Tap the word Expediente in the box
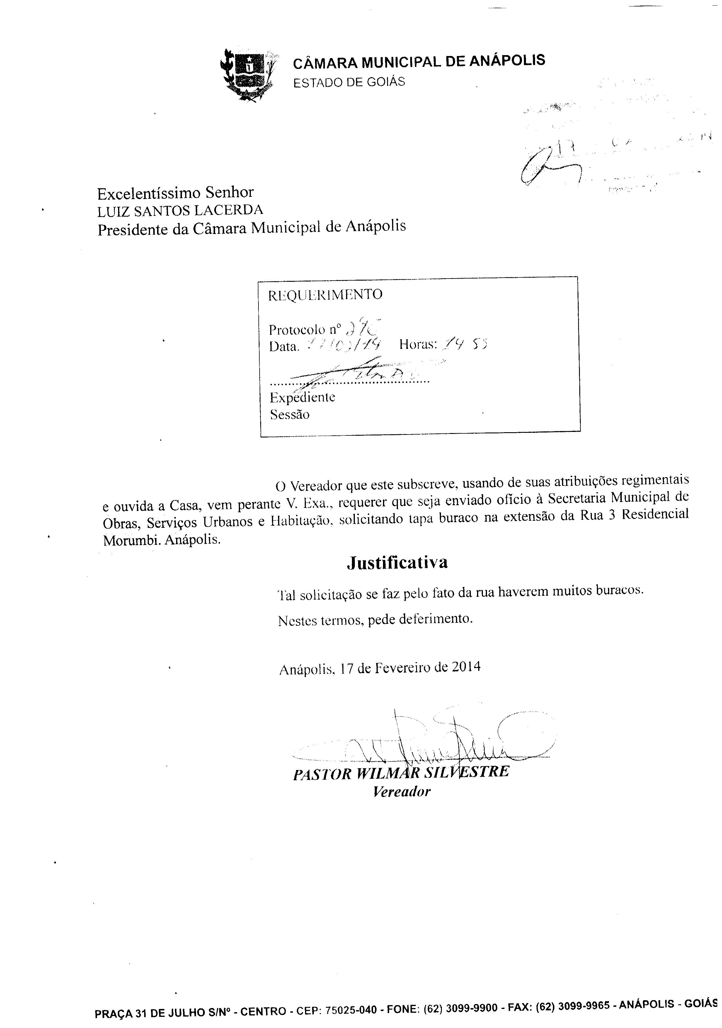coord(302,397)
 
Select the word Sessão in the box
coord(290,415)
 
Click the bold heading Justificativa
coord(397,563)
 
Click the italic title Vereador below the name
coord(401,792)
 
